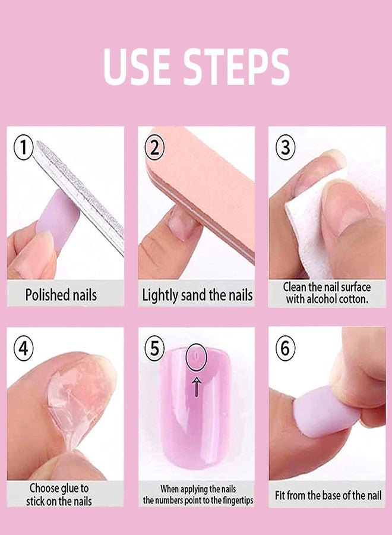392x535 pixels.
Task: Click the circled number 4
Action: point(24,348)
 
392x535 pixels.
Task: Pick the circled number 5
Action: point(154,348)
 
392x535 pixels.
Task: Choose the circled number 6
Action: point(285,348)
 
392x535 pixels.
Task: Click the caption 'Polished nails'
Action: point(61,295)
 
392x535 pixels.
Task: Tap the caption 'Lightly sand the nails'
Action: point(197,295)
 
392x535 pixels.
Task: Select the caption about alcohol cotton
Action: point(326,294)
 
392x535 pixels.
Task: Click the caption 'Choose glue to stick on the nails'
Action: point(59,494)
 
